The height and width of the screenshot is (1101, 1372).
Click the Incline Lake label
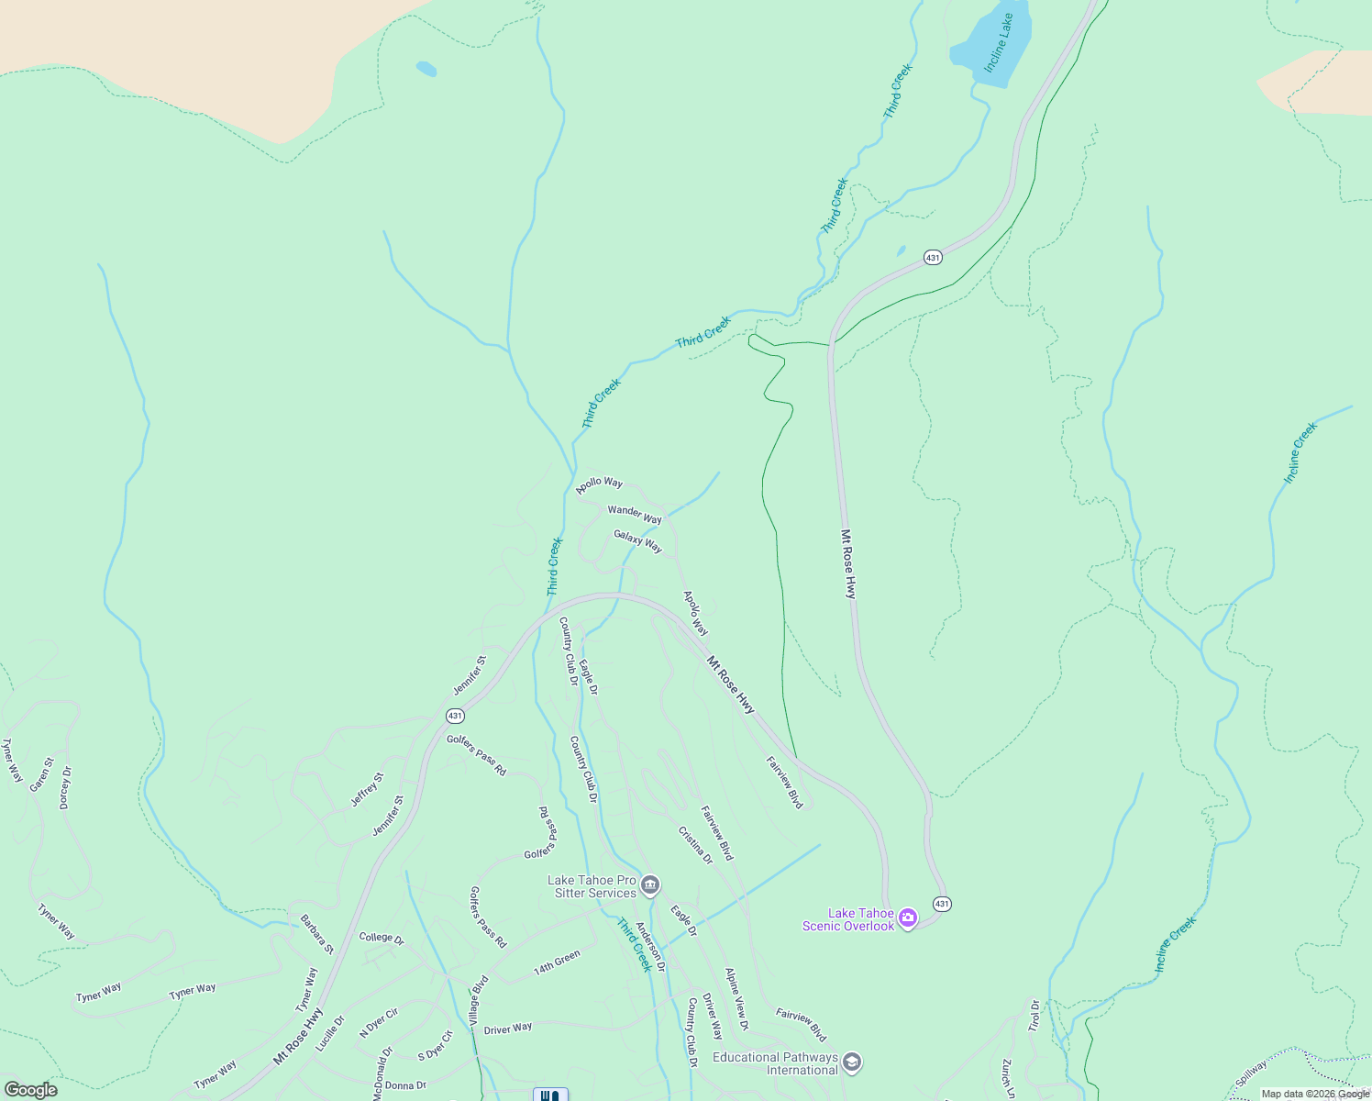coord(999,43)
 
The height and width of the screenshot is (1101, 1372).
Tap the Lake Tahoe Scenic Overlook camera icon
coord(908,917)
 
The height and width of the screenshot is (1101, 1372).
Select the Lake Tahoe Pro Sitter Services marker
coord(650,885)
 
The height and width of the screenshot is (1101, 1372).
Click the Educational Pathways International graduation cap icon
coord(851,1062)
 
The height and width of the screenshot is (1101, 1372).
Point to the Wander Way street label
coord(635,514)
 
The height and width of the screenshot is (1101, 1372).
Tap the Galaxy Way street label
coord(637,541)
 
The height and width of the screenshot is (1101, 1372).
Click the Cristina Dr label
coord(695,845)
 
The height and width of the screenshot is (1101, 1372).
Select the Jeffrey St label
coord(367,789)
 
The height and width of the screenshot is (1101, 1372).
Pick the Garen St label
coord(41,774)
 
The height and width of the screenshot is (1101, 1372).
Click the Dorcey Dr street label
coord(65,787)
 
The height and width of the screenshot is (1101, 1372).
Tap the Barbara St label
coord(317,934)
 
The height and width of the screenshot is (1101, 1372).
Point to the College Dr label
coord(382,937)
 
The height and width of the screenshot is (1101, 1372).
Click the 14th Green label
coord(557,962)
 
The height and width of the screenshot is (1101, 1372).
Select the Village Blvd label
coord(479,999)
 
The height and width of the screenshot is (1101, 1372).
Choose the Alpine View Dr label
coord(736,998)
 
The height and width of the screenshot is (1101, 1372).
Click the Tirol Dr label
coord(1035,1016)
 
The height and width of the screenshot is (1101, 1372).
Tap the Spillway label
coord(1251,1073)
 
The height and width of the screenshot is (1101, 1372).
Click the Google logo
coord(31,1090)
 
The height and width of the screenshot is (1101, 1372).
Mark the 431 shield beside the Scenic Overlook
coord(942,904)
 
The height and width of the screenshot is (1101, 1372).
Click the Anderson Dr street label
coord(650,947)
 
